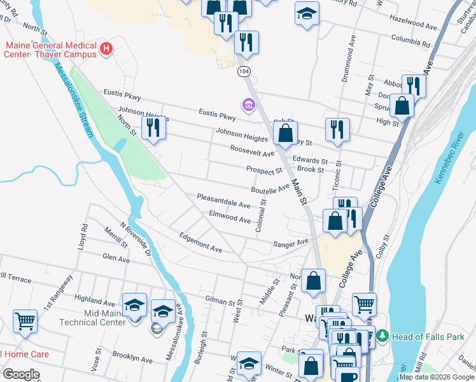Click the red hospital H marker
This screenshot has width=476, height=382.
107,47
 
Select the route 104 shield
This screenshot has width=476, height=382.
244,73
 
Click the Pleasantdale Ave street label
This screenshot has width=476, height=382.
223,201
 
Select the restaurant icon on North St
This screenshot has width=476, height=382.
153,128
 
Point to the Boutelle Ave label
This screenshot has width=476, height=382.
270,189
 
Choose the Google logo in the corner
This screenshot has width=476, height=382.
21,374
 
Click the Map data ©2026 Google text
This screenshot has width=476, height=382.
436,377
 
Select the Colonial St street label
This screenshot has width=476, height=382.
260,216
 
